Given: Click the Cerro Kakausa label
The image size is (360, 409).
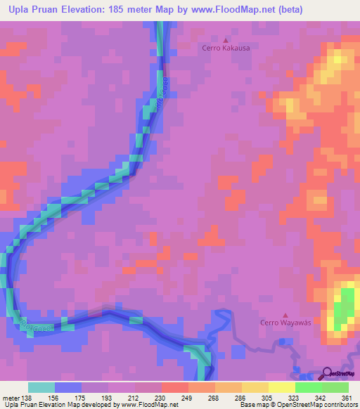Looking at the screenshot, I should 226,48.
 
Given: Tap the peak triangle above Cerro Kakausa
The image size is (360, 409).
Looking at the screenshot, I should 226,39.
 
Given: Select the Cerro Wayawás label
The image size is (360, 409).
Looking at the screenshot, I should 285,323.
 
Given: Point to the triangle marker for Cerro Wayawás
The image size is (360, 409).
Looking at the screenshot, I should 285,314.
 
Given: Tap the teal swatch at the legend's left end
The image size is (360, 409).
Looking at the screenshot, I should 41,387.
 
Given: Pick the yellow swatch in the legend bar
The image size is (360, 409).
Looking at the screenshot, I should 282,387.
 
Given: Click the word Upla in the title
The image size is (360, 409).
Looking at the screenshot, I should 20,9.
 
